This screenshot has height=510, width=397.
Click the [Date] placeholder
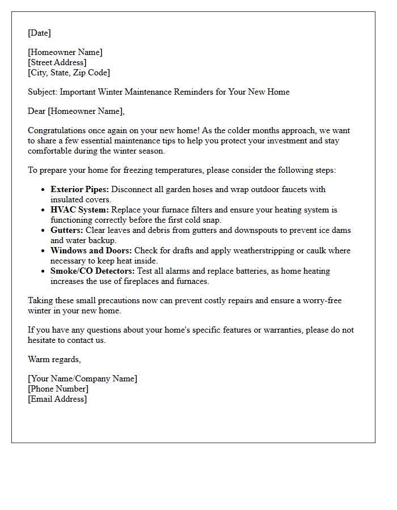39,33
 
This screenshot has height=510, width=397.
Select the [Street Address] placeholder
57,62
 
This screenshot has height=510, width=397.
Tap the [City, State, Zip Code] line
69,73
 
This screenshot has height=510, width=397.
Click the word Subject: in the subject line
43,92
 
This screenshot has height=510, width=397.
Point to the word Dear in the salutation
37,111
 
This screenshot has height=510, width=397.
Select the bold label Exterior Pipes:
79,189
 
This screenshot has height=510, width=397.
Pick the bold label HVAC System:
79,210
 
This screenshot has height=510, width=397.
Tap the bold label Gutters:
66,230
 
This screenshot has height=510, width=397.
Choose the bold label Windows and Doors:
91,250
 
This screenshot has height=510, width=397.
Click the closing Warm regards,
54,359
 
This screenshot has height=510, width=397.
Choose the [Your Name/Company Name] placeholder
82,379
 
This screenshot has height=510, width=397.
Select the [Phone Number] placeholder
58,389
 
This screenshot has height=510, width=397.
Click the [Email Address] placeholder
57,399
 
